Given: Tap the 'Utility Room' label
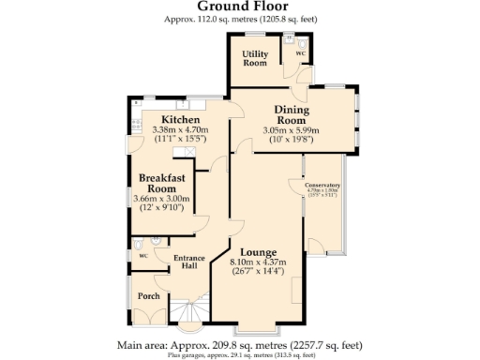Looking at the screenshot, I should (255, 58).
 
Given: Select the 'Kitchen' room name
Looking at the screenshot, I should (179, 120).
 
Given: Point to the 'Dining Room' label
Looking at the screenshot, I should (292, 114).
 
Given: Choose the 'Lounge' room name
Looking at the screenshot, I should (257, 251).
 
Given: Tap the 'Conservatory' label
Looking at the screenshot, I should (322, 186).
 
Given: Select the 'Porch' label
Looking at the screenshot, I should (148, 296).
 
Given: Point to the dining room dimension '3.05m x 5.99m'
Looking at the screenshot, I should (292, 130).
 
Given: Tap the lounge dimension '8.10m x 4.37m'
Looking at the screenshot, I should (257, 262).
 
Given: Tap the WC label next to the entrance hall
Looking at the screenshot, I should (142, 254).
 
